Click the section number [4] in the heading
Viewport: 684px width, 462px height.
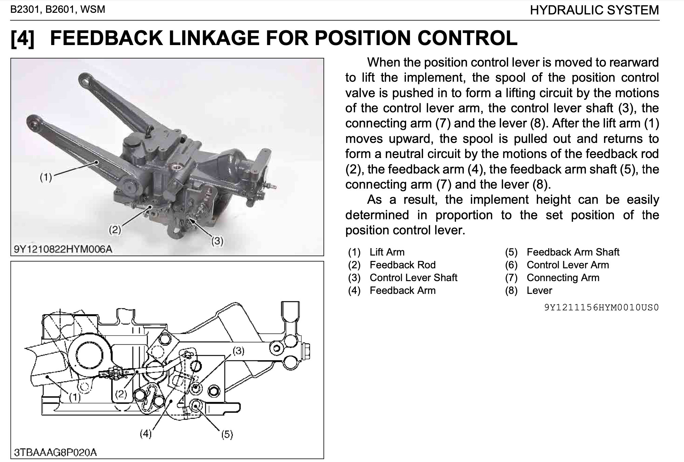tap(23, 38)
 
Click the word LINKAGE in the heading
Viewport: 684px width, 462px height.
tap(213, 37)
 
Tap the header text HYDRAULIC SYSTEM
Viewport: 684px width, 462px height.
tap(594, 10)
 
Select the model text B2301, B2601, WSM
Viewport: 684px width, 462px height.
tap(58, 9)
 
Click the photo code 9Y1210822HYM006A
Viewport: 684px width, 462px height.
tap(63, 249)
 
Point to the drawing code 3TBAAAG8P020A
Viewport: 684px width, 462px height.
tap(55, 452)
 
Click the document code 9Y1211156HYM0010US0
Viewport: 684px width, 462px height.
tap(601, 307)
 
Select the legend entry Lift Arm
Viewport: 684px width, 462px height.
tap(387, 252)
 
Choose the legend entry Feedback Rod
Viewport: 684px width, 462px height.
tap(402, 265)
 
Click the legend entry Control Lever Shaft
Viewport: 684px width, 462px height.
tap(413, 278)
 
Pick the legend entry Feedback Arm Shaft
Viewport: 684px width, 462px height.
tap(573, 252)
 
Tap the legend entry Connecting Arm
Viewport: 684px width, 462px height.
tap(563, 278)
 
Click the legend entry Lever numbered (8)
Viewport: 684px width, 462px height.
tap(539, 291)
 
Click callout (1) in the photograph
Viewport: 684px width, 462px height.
tap(46, 177)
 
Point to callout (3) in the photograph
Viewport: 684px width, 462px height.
tap(217, 241)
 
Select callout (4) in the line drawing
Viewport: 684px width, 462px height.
tap(146, 434)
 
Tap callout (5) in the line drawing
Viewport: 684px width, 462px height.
tap(227, 434)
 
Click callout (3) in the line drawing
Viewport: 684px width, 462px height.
tap(238, 351)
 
